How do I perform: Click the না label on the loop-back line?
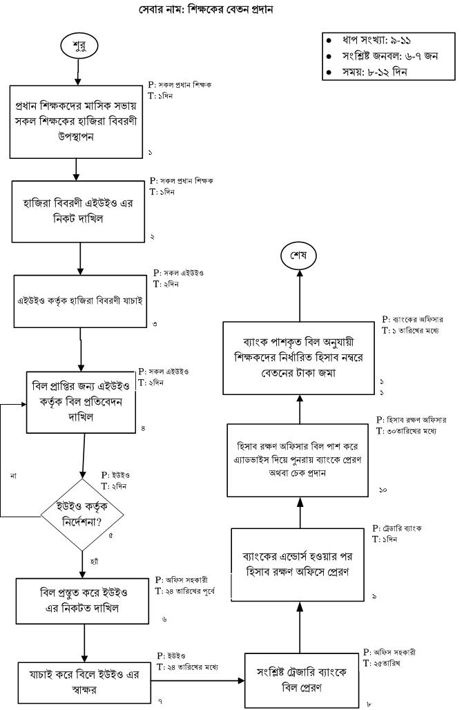tap(13, 476)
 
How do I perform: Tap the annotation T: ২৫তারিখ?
tap(384, 662)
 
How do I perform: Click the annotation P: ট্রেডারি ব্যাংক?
tap(396, 528)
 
